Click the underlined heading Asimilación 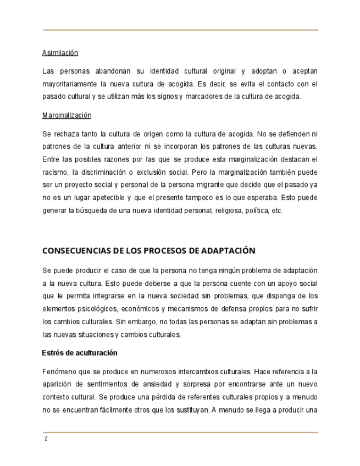[60, 53]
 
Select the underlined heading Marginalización [67, 115]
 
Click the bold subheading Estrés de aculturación [80, 353]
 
